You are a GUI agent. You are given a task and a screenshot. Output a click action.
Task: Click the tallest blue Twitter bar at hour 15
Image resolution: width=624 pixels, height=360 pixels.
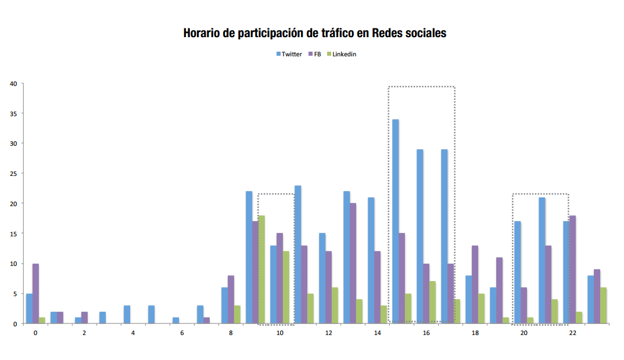(x=396, y=221)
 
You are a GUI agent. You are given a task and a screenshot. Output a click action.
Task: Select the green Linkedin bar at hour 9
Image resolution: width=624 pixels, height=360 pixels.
(x=261, y=269)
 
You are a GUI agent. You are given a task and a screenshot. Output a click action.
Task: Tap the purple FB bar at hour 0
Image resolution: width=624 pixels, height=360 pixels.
(x=35, y=293)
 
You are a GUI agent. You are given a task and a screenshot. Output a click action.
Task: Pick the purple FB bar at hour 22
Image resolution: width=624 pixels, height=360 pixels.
(x=573, y=269)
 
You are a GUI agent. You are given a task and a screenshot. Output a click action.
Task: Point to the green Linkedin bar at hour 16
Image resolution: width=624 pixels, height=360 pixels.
(x=432, y=303)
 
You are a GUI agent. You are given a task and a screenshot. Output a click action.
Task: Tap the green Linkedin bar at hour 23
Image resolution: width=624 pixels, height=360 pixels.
(x=604, y=305)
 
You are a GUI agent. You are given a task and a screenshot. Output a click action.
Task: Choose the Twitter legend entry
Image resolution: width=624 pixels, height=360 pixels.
(x=289, y=54)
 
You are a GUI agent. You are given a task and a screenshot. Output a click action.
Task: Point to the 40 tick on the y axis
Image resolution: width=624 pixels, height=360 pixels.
(x=13, y=84)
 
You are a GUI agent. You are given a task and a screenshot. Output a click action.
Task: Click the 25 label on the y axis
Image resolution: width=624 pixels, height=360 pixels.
(x=13, y=174)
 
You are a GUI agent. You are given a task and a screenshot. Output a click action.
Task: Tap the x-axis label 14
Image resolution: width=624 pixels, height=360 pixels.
(x=378, y=333)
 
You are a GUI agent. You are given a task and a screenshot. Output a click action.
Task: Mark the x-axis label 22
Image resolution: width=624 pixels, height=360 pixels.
(x=573, y=333)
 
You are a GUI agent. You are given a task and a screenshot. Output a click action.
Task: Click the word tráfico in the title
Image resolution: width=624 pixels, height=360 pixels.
(x=333, y=33)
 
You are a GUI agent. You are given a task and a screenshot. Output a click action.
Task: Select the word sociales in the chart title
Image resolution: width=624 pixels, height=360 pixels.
(x=424, y=33)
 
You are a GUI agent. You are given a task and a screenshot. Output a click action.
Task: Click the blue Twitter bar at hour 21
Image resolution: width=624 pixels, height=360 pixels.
(x=542, y=261)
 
